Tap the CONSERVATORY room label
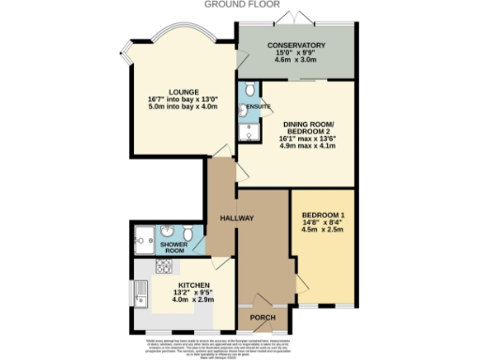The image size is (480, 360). [295, 45]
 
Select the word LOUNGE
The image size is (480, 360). [183, 91]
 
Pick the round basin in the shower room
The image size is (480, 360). [166, 232]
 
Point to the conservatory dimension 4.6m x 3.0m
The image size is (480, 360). [295, 60]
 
